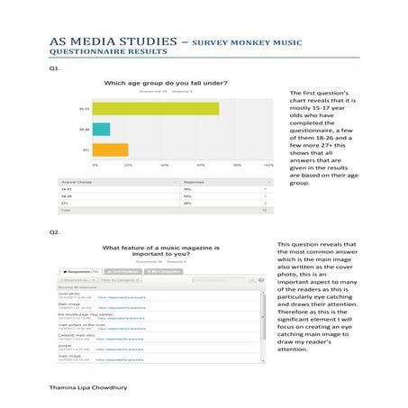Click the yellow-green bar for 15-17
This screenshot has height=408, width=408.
(157, 109)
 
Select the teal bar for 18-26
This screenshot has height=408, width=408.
(102, 129)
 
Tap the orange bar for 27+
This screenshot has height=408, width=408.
(111, 150)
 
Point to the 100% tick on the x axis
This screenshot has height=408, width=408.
(267, 166)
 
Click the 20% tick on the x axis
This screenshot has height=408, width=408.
(129, 166)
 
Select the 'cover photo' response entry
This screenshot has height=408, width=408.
(69, 293)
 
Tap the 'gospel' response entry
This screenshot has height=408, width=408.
(65, 343)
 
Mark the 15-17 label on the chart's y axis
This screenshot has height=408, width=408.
(83, 109)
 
